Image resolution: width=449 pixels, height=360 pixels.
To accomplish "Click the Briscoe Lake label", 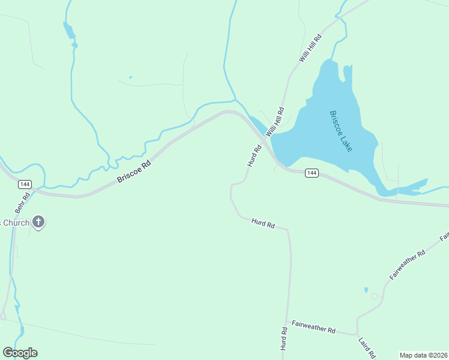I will click(340, 131).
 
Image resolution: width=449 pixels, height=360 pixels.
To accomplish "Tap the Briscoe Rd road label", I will click(133, 171).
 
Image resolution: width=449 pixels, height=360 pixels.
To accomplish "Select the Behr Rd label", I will click(26, 197).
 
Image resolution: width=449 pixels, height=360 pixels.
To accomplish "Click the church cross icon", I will click(38, 223).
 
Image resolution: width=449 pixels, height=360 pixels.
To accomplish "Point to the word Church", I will click(14, 223).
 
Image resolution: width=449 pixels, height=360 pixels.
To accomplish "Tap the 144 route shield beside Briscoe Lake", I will click(311, 173).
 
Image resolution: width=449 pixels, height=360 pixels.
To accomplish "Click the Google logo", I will click(20, 353).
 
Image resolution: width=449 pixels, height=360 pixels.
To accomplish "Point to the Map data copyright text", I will click(423, 355).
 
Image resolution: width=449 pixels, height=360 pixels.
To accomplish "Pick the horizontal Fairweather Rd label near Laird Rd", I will click(313, 328).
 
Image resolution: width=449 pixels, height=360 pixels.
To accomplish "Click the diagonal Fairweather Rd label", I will click(407, 265).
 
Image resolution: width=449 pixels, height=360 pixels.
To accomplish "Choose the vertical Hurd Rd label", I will click(283, 339).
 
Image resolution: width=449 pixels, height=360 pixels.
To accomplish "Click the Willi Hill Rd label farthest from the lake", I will click(311, 49).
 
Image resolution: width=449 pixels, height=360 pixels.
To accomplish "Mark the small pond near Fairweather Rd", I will click(366, 290).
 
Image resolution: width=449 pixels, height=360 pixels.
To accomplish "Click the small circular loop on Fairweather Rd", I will click(375, 296).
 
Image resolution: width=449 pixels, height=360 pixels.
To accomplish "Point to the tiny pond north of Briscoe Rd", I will click(130, 77).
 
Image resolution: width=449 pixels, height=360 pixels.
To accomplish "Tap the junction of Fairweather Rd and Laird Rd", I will click(357, 334).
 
